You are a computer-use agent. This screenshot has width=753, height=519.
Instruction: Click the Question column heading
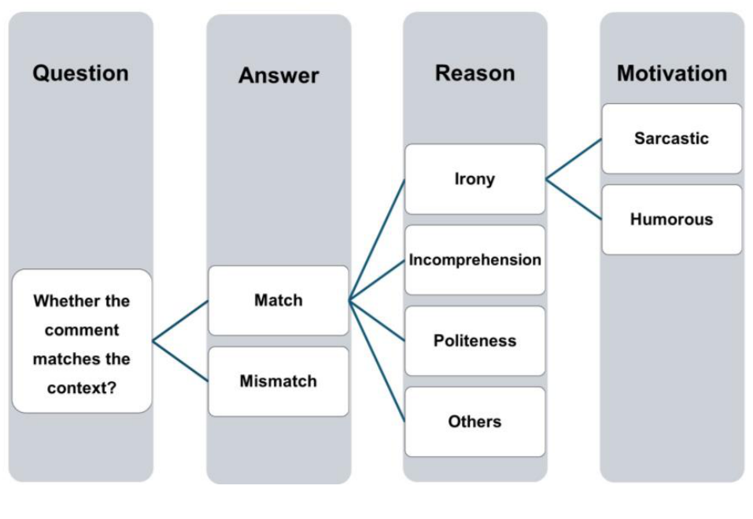(x=80, y=73)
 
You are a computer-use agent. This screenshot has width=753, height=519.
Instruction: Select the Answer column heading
(x=279, y=76)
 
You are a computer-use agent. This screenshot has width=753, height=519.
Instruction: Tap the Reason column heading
(x=474, y=73)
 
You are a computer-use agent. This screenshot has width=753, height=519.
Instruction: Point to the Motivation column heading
(x=671, y=73)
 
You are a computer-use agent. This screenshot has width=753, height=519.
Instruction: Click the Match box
(x=278, y=300)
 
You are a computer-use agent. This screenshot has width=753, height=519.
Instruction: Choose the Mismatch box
(x=278, y=381)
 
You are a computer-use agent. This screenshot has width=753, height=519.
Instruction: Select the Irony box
(x=474, y=179)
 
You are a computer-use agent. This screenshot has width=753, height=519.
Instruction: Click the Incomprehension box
(x=474, y=260)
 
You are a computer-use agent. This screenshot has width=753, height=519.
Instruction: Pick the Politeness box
(x=474, y=341)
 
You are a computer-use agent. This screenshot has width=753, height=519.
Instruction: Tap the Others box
(x=474, y=421)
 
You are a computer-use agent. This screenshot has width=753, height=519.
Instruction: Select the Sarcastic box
(x=671, y=139)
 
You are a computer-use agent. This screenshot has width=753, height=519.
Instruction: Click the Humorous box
(x=671, y=220)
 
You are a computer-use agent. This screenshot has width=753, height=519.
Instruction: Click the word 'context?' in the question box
(x=81, y=388)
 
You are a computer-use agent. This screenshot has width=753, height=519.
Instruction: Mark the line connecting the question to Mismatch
(x=180, y=361)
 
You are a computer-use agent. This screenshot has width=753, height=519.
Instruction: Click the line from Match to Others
(x=377, y=361)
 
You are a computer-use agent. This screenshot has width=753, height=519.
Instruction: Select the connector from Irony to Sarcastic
(x=574, y=159)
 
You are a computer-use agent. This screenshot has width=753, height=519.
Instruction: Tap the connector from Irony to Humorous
(x=574, y=199)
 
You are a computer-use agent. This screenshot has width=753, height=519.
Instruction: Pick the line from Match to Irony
(x=377, y=240)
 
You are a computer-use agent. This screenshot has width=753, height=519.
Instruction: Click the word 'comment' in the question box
(x=81, y=330)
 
